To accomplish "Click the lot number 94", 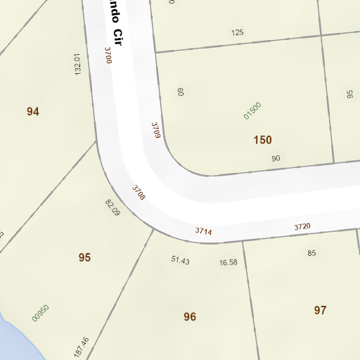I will [32, 111].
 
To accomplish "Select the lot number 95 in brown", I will [84, 257].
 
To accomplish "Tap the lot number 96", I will [189, 316].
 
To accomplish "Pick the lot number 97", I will [320, 309].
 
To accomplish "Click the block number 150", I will [262, 140].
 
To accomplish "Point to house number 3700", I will [108, 56].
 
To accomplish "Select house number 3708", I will [139, 192].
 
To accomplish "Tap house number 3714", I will [203, 231].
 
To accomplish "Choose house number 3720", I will [302, 226].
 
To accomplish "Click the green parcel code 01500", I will [252, 110].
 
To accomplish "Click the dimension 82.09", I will [112, 207].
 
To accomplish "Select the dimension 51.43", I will [180, 260].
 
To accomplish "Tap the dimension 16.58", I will [228, 262].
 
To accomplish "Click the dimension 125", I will [237, 32].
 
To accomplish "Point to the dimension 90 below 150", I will [275, 158].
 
